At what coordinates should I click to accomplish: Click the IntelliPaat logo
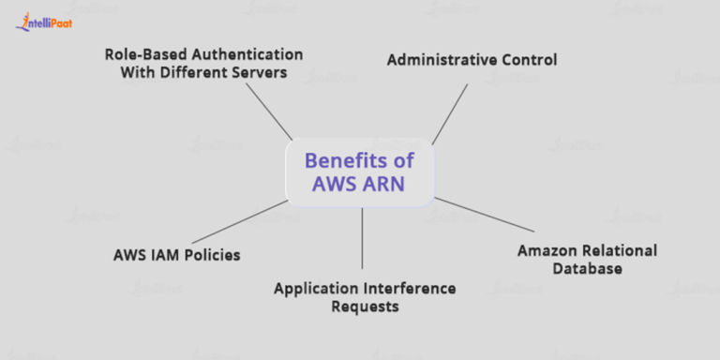[x=44, y=22]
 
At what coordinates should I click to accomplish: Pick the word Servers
[x=256, y=72]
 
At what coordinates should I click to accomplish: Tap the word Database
[x=586, y=270]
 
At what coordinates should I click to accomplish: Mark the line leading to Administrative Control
[x=449, y=113]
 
